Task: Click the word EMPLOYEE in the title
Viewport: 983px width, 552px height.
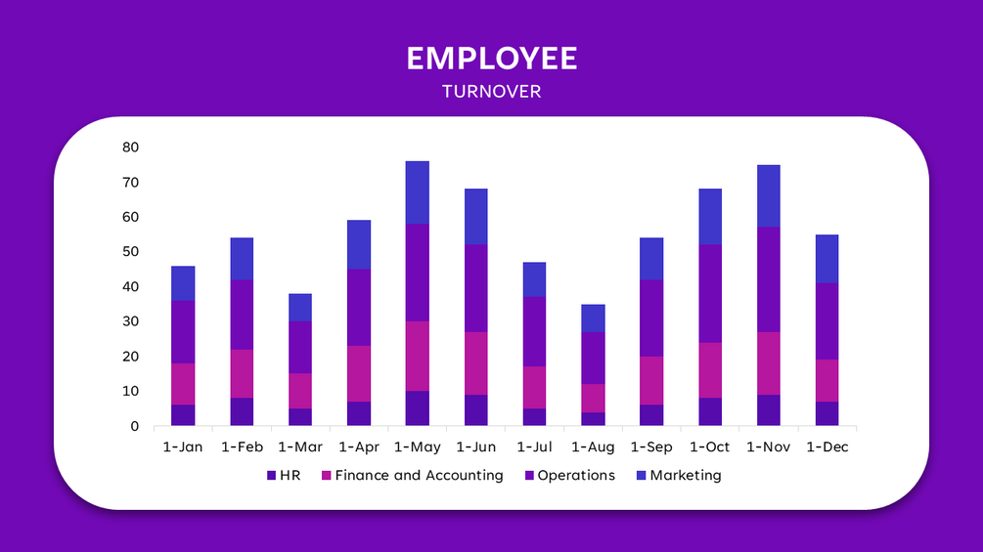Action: (x=491, y=59)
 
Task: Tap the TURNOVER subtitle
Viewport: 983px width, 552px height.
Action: (x=491, y=92)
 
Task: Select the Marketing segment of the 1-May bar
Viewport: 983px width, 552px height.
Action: (x=418, y=192)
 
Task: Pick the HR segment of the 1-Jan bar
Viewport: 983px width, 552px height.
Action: (x=183, y=415)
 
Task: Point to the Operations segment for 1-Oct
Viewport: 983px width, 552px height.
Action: (x=710, y=293)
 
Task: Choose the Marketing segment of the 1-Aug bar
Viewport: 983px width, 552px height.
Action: (x=594, y=318)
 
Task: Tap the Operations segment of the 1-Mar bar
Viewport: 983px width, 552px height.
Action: (x=300, y=347)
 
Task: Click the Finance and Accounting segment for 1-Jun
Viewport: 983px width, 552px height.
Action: (x=476, y=363)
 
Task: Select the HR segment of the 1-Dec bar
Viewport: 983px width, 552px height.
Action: (x=827, y=413)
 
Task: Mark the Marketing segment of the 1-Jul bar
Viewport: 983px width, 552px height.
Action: (x=535, y=279)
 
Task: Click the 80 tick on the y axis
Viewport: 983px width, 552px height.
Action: (x=131, y=148)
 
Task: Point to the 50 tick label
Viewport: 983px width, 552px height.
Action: (x=131, y=252)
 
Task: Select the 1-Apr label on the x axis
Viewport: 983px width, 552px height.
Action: (x=359, y=447)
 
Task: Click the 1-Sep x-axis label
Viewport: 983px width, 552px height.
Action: (x=651, y=447)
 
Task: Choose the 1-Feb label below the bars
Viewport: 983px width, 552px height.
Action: (x=242, y=447)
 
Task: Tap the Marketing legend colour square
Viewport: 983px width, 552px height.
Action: (x=641, y=476)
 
